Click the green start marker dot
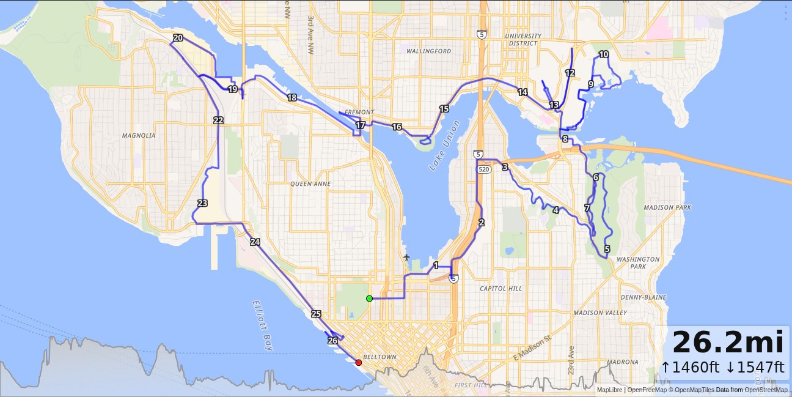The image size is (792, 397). [369, 299]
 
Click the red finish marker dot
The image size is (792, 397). [359, 363]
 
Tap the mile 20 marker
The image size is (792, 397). [178, 38]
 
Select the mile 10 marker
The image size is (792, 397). [604, 54]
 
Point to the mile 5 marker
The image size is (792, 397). [607, 249]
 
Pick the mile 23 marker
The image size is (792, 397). [203, 203]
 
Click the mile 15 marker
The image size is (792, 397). [444, 109]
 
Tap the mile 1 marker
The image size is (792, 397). [436, 265]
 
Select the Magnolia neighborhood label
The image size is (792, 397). [139, 136]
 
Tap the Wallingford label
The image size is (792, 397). [428, 51]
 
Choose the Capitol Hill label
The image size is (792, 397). [501, 288]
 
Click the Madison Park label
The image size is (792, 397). [667, 207]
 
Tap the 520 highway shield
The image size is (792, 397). [484, 169]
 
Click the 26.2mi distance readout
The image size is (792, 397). [727, 342]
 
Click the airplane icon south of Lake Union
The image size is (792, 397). [407, 258]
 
